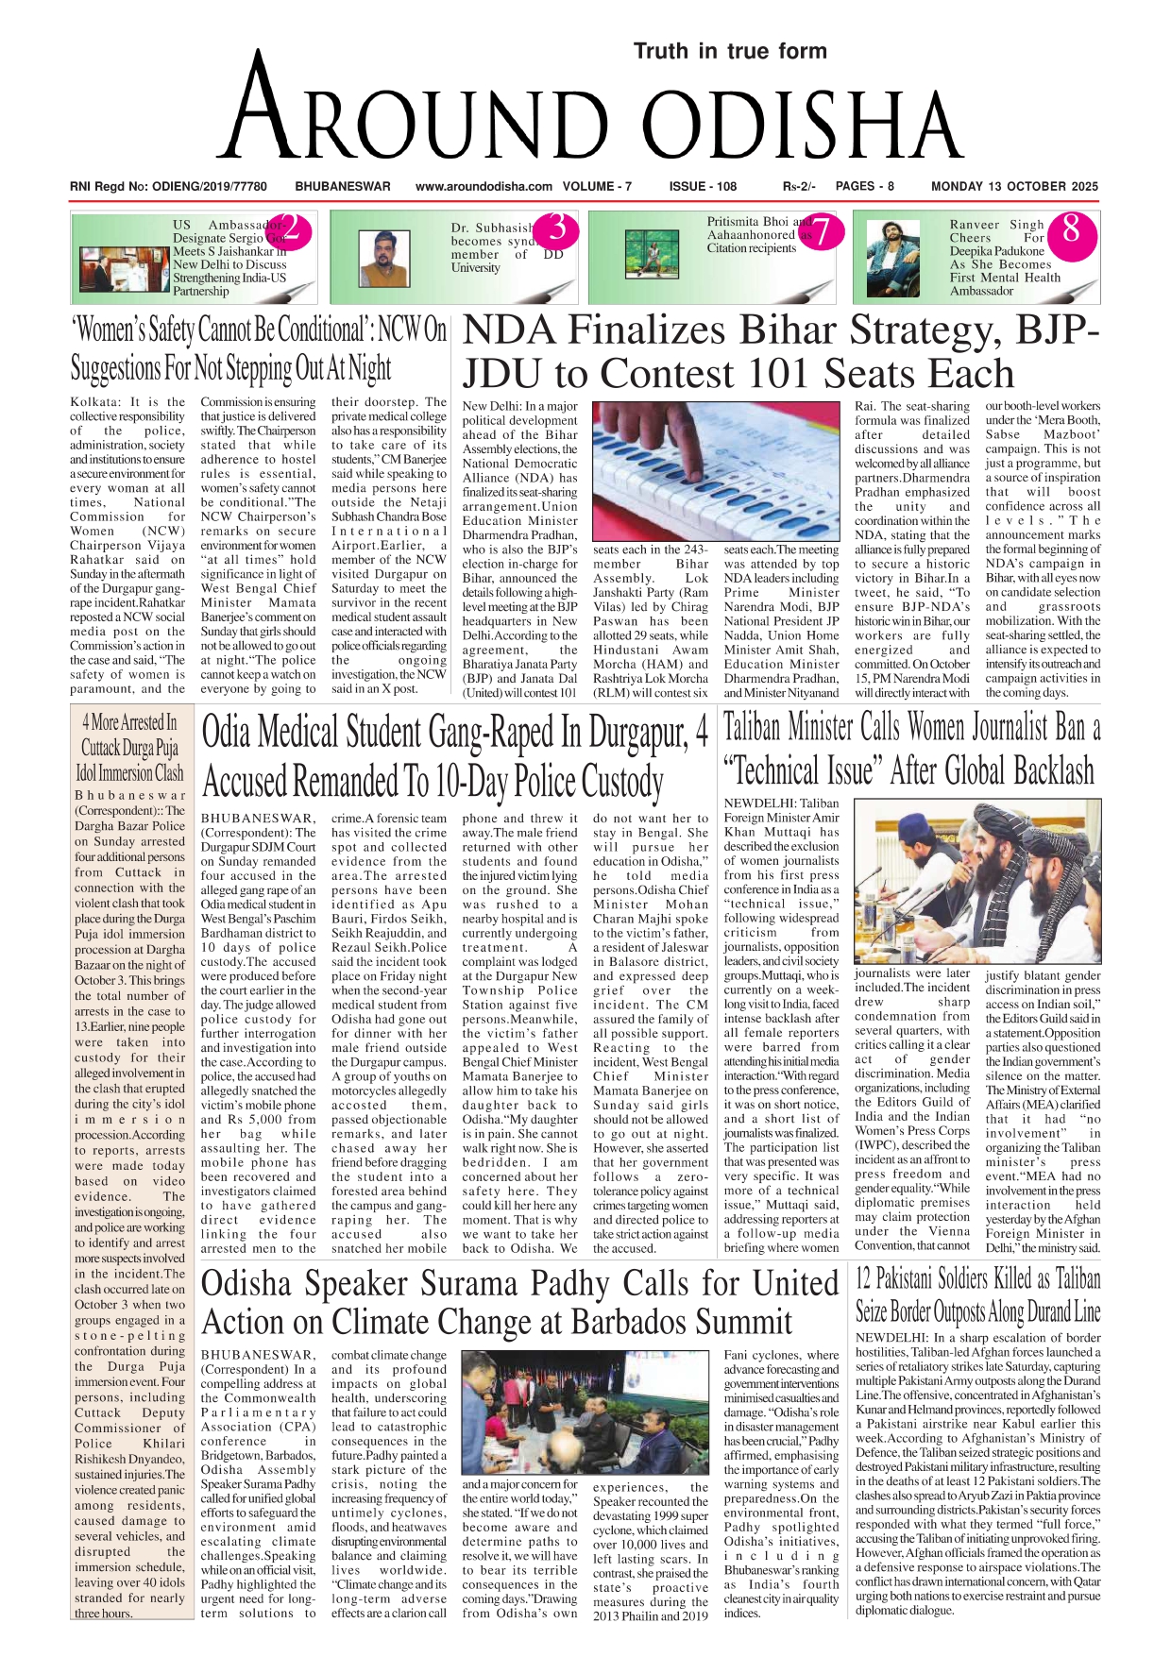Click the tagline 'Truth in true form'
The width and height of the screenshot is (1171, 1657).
click(729, 51)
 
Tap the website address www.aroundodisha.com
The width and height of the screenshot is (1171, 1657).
click(484, 187)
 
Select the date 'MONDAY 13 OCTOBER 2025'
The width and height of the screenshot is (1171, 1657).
click(1014, 187)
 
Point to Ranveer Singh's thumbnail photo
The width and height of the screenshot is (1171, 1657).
click(892, 258)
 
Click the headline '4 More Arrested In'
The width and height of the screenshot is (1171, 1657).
click(129, 723)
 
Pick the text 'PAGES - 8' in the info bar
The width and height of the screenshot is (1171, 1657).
click(864, 187)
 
